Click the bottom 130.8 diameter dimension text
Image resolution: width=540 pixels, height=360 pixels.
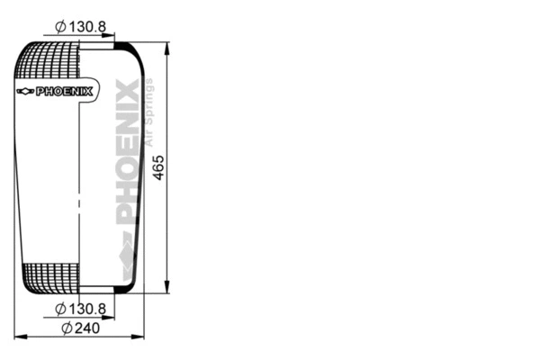(88, 310)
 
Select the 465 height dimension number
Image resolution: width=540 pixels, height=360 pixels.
(159, 166)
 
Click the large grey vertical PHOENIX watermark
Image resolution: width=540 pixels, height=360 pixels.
(129, 153)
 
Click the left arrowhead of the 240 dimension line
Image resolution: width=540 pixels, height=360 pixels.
(20, 337)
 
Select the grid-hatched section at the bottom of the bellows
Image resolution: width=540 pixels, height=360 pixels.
(49, 276)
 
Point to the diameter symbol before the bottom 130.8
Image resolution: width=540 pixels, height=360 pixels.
(60, 310)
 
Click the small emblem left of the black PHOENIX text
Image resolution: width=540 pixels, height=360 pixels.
(25, 91)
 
